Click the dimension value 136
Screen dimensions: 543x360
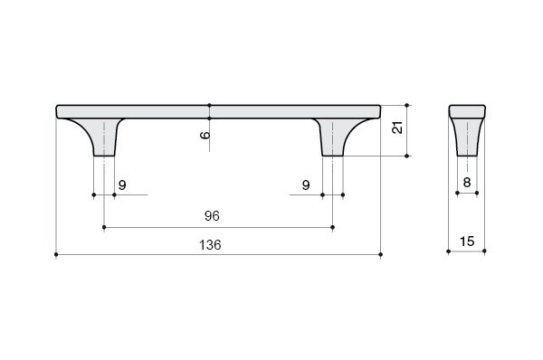210,245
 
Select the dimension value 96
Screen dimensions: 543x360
212,216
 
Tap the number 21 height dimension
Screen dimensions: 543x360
397,128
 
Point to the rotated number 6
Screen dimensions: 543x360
205,135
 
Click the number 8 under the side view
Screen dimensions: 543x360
467,182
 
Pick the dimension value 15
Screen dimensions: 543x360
466,242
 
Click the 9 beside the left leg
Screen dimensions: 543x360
122,185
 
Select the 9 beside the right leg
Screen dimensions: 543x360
306,185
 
